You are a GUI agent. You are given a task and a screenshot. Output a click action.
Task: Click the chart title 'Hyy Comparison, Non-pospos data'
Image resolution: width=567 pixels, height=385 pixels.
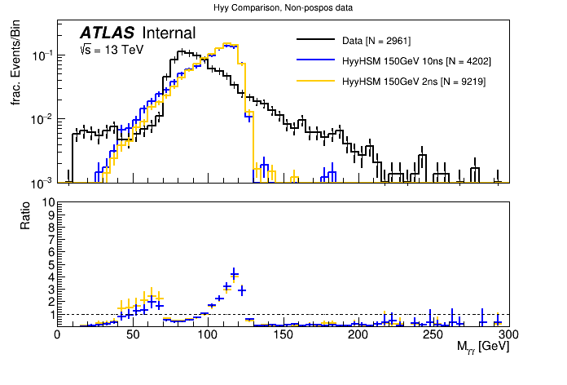(x=283, y=7)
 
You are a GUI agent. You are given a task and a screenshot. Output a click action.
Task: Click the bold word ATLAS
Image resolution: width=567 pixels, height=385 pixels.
(x=108, y=33)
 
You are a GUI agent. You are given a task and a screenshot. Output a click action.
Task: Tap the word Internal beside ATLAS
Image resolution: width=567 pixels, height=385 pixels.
(x=169, y=33)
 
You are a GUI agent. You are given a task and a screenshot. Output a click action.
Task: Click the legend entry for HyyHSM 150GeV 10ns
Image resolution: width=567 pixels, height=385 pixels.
(x=416, y=60)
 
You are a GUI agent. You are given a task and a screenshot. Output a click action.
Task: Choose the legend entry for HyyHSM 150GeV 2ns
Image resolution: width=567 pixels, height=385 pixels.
(x=413, y=82)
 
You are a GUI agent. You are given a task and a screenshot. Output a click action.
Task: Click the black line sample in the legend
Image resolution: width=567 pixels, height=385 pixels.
(x=317, y=40)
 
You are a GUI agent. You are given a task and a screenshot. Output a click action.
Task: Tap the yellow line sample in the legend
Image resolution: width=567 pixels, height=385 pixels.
(x=317, y=82)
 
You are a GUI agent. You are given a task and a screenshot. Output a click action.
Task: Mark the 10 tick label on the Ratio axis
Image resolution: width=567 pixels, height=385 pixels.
(x=48, y=202)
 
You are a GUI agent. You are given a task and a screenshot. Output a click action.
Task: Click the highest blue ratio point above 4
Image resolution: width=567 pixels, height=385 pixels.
(x=234, y=273)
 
